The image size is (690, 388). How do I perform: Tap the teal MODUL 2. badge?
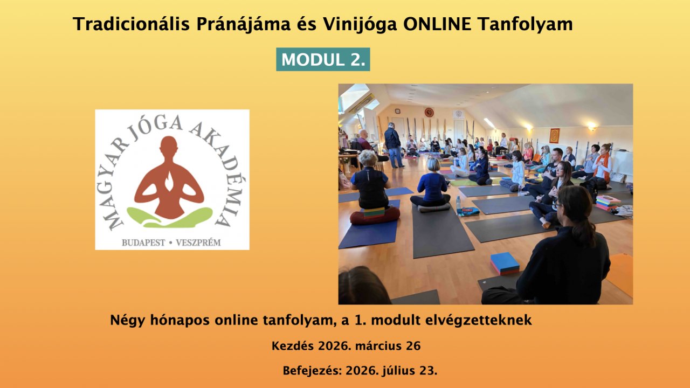click(x=323, y=60)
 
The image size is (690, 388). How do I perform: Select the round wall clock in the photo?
click(x=429, y=113)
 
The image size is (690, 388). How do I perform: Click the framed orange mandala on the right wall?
click(x=555, y=135)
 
